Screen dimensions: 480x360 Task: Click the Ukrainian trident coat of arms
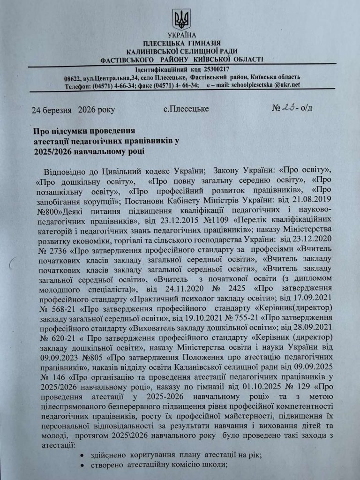181,19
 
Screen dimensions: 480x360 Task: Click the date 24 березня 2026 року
73,110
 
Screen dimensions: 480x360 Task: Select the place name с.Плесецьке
186,109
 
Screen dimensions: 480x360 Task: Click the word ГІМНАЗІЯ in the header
207,43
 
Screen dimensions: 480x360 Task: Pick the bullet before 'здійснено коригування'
82,455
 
